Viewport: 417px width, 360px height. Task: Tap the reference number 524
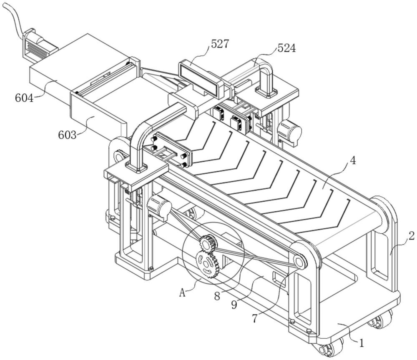pos(286,48)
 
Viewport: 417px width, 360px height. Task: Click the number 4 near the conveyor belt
pos(353,161)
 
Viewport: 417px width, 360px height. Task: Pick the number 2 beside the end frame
pos(411,236)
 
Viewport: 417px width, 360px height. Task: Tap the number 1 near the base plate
pos(362,344)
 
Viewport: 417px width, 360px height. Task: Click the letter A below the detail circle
pos(182,292)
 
